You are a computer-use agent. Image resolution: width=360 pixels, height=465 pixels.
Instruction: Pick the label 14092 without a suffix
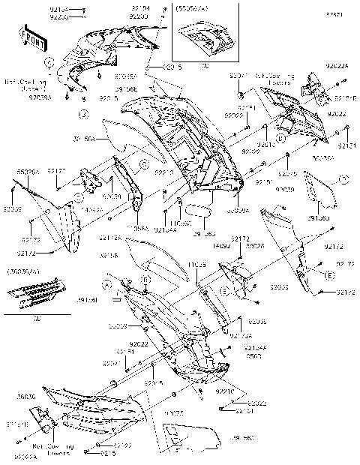pos(220,244)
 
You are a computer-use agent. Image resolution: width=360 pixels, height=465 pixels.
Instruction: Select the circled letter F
pos(344,179)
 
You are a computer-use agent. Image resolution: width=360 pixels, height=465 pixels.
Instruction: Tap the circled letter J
pos(85,114)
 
